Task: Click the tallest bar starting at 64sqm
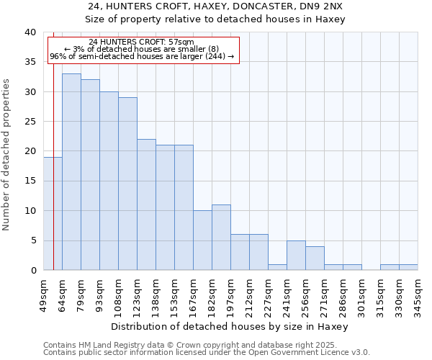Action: click(71, 172)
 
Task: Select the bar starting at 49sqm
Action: click(53, 214)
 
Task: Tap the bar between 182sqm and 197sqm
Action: click(221, 238)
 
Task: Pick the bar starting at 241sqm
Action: click(296, 256)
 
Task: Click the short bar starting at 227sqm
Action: click(277, 267)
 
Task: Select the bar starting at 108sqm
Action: click(127, 184)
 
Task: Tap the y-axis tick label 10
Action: click(30, 211)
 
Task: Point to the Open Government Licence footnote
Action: click(207, 353)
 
